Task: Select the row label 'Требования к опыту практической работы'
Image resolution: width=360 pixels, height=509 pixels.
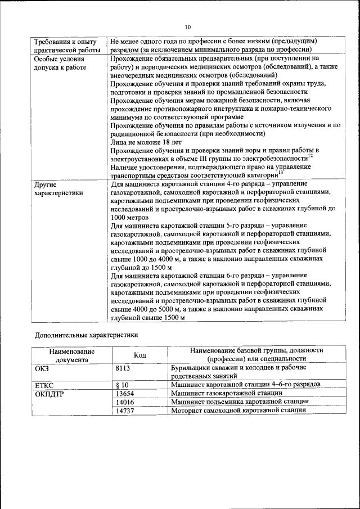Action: tap(65, 46)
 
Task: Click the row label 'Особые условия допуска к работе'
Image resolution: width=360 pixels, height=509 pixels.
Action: tap(60, 63)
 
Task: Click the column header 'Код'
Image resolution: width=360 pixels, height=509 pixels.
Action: tap(139, 355)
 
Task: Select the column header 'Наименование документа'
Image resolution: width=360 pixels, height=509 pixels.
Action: tap(71, 355)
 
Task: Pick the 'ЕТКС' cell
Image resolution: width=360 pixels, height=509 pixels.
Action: tap(46, 385)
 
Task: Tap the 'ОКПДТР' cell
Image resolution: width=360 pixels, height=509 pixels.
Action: tap(50, 393)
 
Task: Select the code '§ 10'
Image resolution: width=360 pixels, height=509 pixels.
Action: tap(122, 385)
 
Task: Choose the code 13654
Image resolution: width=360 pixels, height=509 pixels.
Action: tap(125, 393)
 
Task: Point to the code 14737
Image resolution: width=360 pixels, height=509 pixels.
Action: tap(125, 411)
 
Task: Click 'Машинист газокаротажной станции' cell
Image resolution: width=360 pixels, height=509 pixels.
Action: tap(226, 393)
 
